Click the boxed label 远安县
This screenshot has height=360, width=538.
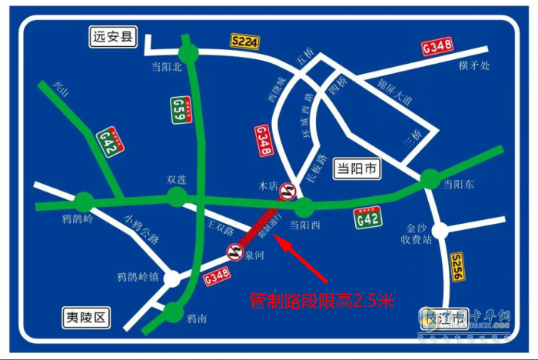pyautogui.click(x=109, y=36)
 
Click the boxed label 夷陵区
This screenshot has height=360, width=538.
pyautogui.click(x=87, y=316)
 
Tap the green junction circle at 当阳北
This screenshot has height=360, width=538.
pyautogui.click(x=188, y=53)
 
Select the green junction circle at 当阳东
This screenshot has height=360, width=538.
pyautogui.click(x=430, y=179)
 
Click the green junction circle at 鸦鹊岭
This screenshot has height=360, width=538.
pyautogui.click(x=84, y=203)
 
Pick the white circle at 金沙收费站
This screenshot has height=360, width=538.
pyautogui.click(x=440, y=230)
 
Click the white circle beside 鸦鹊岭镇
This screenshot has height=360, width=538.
pyautogui.click(x=173, y=278)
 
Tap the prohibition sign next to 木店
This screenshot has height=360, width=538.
pyautogui.click(x=287, y=190)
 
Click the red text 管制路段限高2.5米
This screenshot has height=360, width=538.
pyautogui.click(x=321, y=300)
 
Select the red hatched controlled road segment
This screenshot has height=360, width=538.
pyautogui.click(x=260, y=228)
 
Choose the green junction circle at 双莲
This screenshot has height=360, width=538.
pyautogui.click(x=178, y=197)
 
